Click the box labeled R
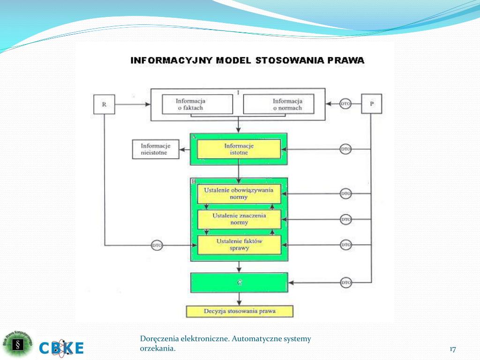pyautogui.click(x=105, y=104)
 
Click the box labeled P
pyautogui.click(x=371, y=104)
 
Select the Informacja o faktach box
pyautogui.click(x=197, y=104)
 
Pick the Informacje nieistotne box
pyautogui.click(x=156, y=149)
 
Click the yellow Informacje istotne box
pyautogui.click(x=239, y=149)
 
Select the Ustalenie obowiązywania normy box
pyautogui.click(x=239, y=194)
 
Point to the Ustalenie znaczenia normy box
pyautogui.click(x=239, y=219)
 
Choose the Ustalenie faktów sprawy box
pyautogui.click(x=239, y=245)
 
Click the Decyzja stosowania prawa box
pyautogui.click(x=240, y=311)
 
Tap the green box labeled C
pyautogui.click(x=239, y=283)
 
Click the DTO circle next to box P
pyautogui.click(x=345, y=104)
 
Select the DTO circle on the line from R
pyautogui.click(x=157, y=245)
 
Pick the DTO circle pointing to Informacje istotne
pyautogui.click(x=345, y=150)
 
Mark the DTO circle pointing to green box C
pyautogui.click(x=345, y=283)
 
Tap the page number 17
pyautogui.click(x=452, y=349)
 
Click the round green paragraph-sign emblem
pyautogui.click(x=18, y=345)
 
